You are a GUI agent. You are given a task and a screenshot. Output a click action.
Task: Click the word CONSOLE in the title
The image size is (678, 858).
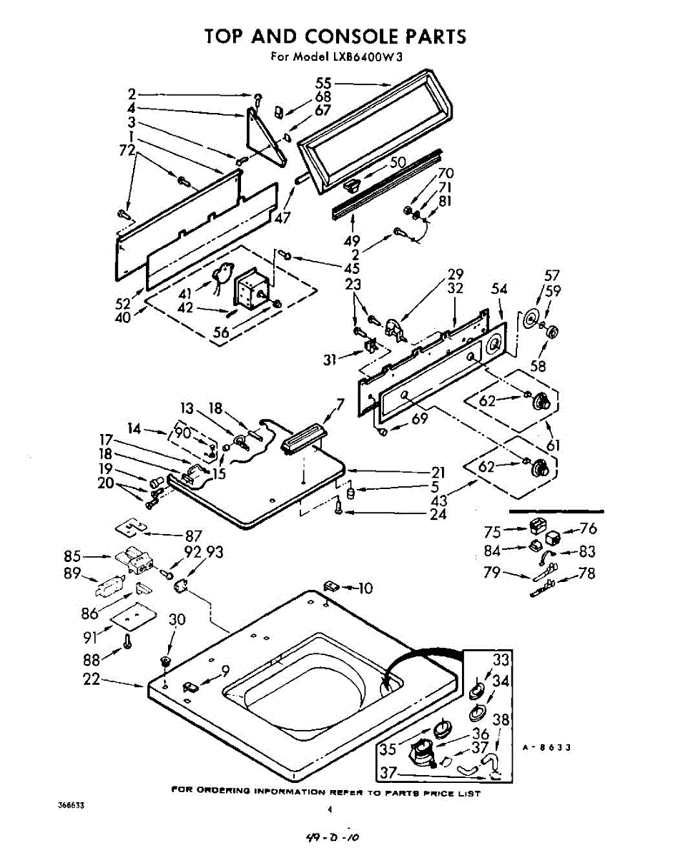pyautogui.click(x=352, y=36)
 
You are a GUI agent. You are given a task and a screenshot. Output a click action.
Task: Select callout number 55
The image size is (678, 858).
pyautogui.click(x=323, y=84)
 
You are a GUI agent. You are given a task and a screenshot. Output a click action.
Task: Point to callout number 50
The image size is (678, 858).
pyautogui.click(x=398, y=162)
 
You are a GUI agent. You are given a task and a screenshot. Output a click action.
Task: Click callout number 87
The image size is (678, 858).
pyautogui.click(x=194, y=536)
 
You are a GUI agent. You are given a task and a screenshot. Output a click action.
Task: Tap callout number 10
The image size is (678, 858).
pyautogui.click(x=365, y=588)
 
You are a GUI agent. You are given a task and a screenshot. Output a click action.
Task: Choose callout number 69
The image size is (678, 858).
pyautogui.click(x=420, y=418)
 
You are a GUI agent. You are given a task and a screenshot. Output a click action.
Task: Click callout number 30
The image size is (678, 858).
pyautogui.click(x=177, y=619)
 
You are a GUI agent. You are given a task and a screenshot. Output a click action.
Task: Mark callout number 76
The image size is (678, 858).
pyautogui.click(x=589, y=528)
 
